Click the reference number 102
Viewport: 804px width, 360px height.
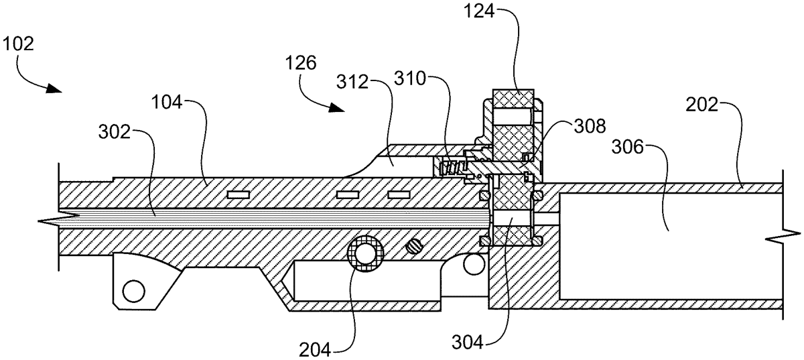(18, 44)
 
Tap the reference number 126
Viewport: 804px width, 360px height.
(301, 63)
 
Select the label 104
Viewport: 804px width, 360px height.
(167, 103)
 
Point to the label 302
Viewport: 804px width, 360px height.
(114, 132)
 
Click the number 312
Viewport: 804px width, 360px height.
(352, 82)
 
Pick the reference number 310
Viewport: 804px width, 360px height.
(410, 78)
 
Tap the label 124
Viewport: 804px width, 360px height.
(479, 11)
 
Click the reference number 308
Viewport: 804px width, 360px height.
(590, 127)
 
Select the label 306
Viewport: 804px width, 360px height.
(627, 147)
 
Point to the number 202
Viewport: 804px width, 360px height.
(701, 105)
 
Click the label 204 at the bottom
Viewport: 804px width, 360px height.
(315, 349)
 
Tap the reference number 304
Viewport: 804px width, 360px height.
(468, 343)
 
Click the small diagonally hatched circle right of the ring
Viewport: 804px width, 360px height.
(415, 247)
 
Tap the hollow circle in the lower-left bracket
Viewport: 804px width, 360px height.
(133, 291)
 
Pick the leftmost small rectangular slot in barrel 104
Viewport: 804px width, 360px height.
(239, 194)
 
